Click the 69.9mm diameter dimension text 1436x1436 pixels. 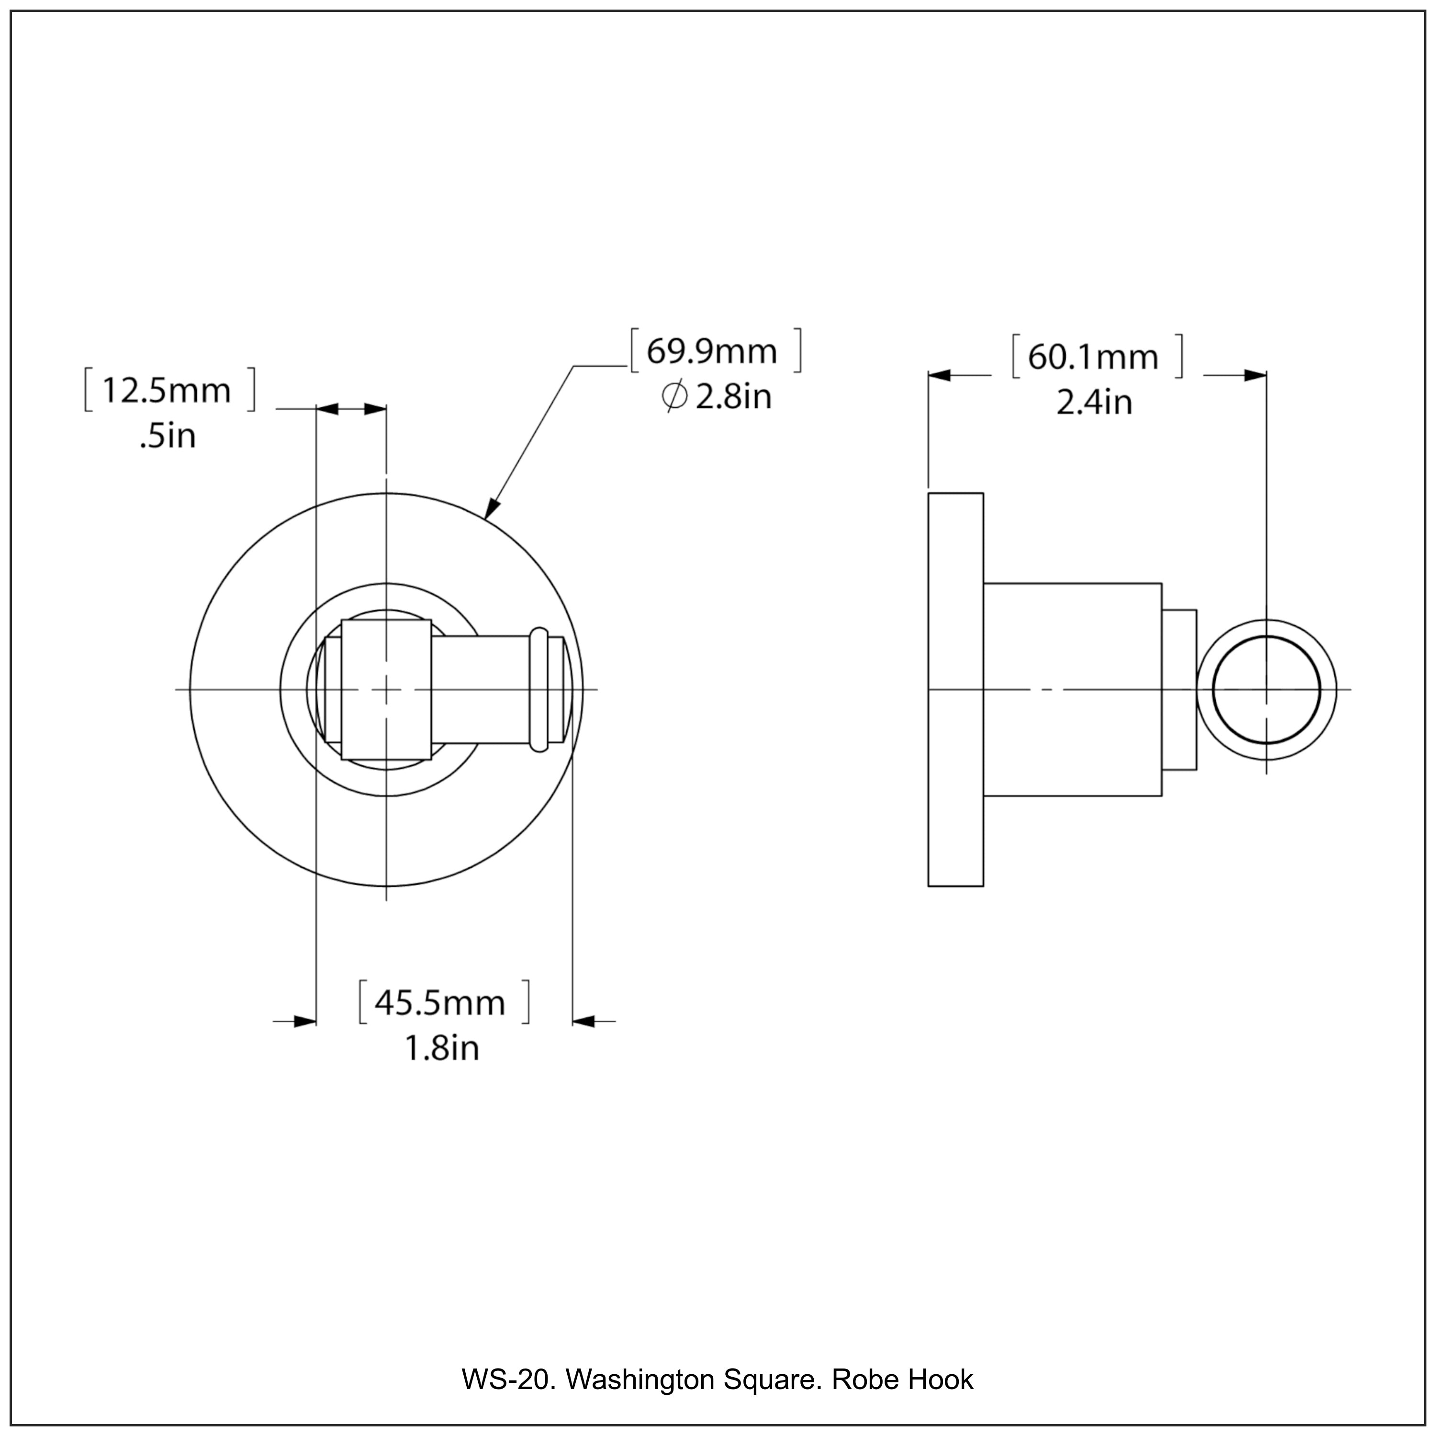[711, 351]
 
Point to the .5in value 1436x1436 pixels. [168, 436]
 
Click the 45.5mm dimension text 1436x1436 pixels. [440, 1003]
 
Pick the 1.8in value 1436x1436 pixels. [441, 1048]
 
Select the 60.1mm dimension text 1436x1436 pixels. [1093, 358]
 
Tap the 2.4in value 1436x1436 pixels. [1094, 403]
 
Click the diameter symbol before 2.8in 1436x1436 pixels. [674, 396]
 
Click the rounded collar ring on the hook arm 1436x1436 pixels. [539, 690]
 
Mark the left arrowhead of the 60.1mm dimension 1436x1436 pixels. [940, 375]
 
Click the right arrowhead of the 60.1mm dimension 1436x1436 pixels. [1256, 375]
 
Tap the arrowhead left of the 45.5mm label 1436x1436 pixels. [305, 1022]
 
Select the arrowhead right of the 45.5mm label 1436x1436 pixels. [584, 1022]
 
